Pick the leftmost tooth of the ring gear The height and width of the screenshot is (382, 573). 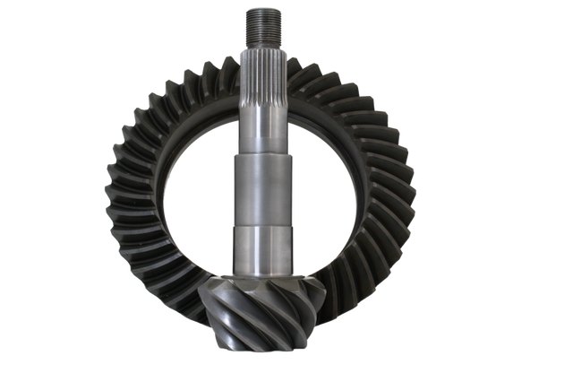point(109,193)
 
